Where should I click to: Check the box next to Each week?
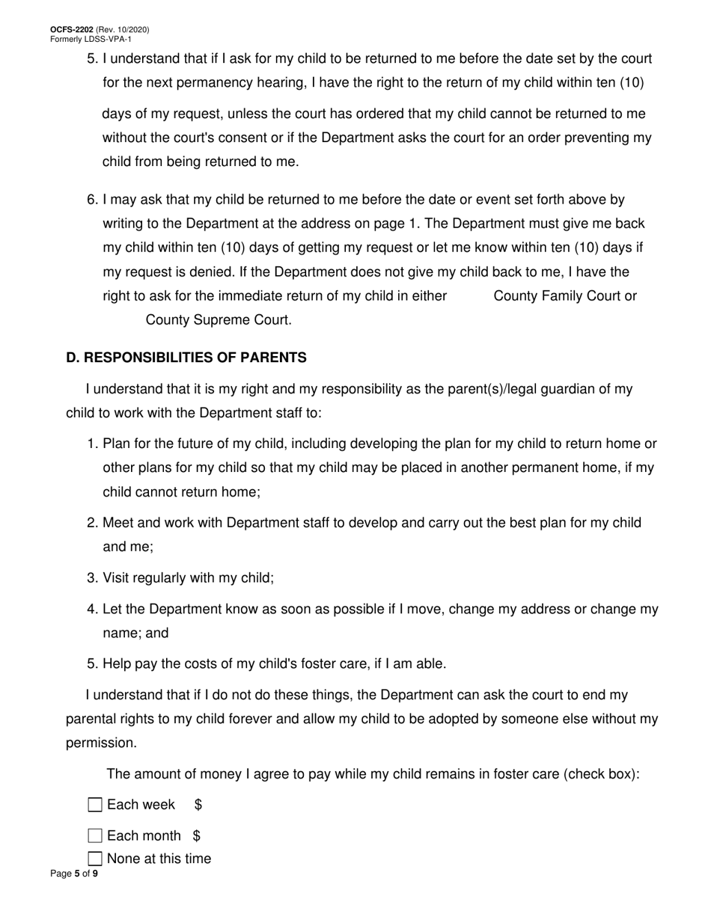[x=95, y=805]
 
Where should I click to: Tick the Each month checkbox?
[x=95, y=835]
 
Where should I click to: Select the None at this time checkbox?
[x=95, y=859]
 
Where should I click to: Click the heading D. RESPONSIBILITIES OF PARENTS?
[x=186, y=358]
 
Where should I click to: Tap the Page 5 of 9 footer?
[x=73, y=874]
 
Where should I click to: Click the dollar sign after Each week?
[x=198, y=805]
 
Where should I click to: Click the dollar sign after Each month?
[x=197, y=835]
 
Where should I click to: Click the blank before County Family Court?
[x=470, y=296]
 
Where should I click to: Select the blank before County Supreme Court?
[x=123, y=320]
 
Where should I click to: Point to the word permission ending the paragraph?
[x=100, y=743]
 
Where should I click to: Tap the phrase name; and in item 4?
[x=135, y=634]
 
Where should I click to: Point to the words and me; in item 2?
[x=128, y=547]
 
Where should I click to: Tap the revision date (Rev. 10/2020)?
[x=123, y=30]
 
